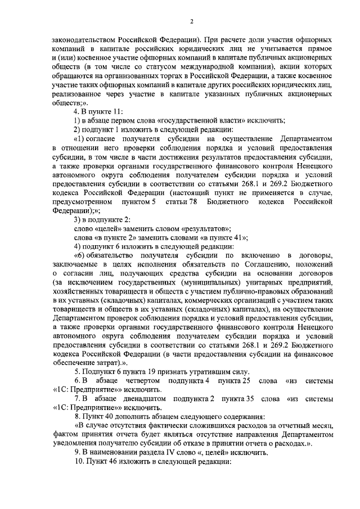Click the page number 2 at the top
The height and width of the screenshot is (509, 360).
coord(191,22)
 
